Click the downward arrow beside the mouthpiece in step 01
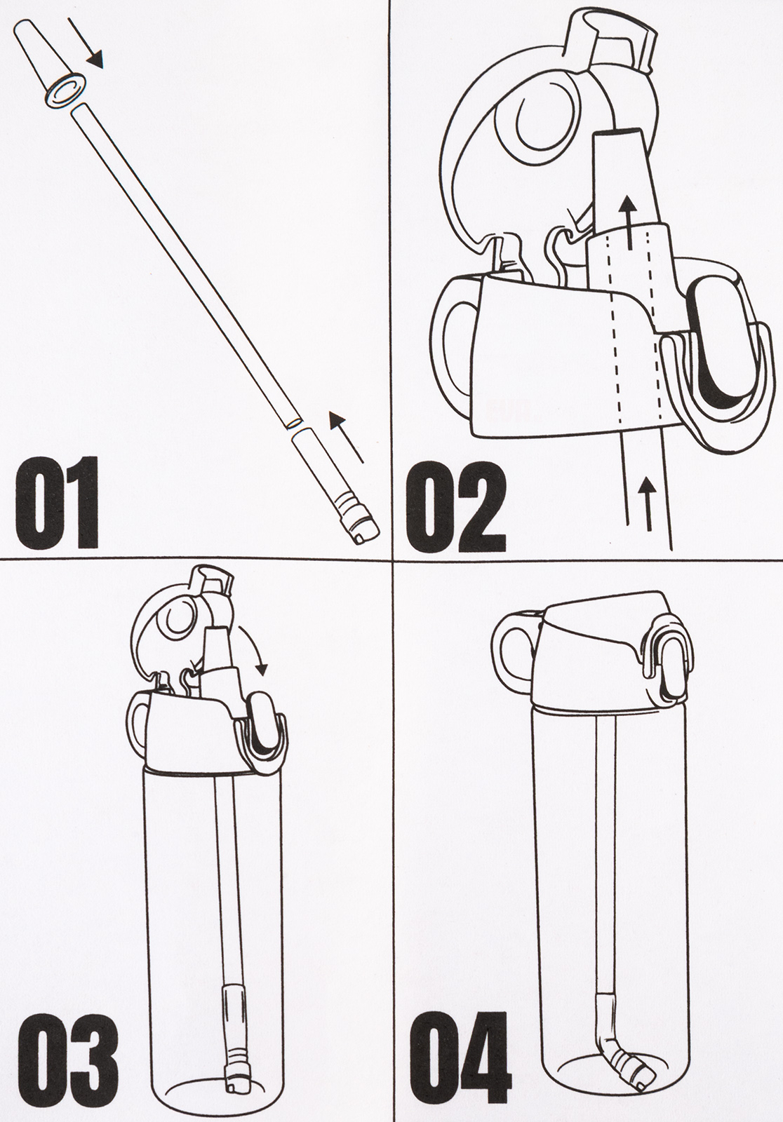(x=86, y=43)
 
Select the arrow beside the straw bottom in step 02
(x=649, y=503)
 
